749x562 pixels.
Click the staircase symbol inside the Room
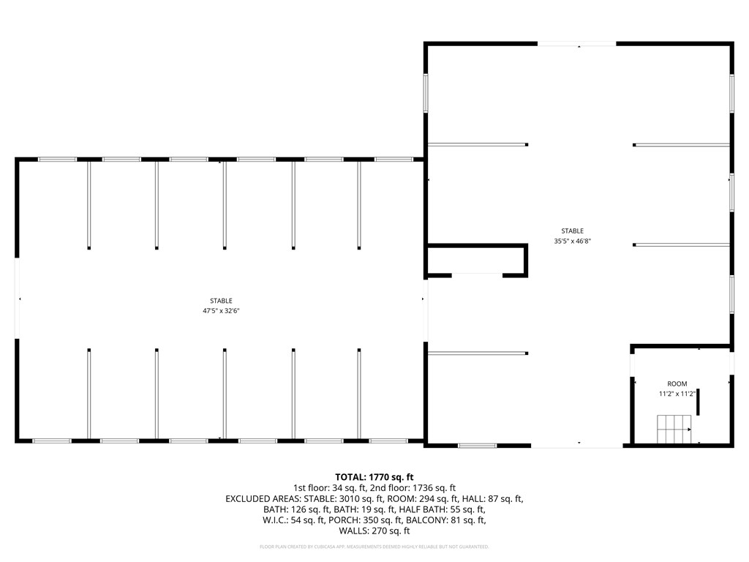(x=674, y=429)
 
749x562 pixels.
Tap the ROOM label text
(x=677, y=383)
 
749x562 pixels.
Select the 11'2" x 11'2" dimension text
(x=677, y=394)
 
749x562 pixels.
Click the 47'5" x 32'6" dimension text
(x=221, y=311)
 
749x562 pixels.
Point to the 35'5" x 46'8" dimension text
(x=572, y=241)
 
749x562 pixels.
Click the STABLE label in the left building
(x=221, y=301)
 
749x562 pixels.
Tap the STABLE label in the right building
(x=572, y=231)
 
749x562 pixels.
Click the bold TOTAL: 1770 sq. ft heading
(x=374, y=477)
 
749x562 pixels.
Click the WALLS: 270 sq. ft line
(x=374, y=531)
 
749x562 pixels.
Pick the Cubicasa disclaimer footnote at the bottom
(x=374, y=547)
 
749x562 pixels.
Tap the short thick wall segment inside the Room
(x=698, y=402)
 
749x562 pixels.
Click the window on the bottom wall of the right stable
(x=477, y=446)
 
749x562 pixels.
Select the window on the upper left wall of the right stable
(x=426, y=93)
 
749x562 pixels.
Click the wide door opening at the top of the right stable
(x=577, y=44)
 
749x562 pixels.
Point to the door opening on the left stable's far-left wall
(x=18, y=299)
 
